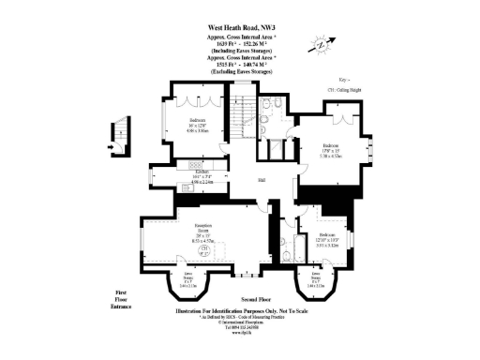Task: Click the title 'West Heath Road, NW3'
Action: [240, 29]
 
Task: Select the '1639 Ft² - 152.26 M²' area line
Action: [240, 44]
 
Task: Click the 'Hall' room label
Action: [263, 180]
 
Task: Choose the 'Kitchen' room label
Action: [200, 172]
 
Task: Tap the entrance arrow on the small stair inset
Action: [111, 147]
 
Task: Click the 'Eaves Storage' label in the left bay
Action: [173, 277]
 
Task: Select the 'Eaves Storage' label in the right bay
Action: [314, 277]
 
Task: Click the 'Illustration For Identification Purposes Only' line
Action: [240, 308]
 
